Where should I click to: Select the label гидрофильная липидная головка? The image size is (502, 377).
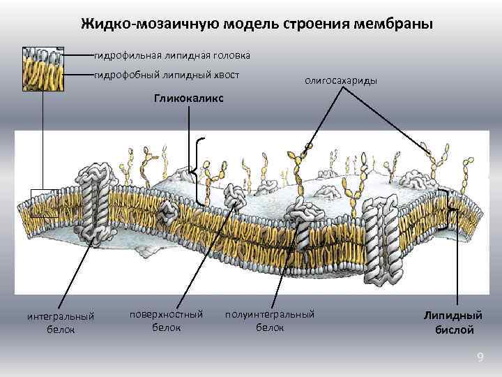[x=172, y=54]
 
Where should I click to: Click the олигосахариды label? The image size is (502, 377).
[x=341, y=81]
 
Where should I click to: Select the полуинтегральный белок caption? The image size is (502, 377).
[x=270, y=320]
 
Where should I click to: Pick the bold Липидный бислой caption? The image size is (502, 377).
[x=453, y=323]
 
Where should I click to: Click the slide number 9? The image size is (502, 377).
[x=480, y=358]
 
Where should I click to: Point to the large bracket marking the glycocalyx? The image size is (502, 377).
[x=199, y=171]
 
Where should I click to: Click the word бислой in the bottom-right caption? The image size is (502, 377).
[x=453, y=330]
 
